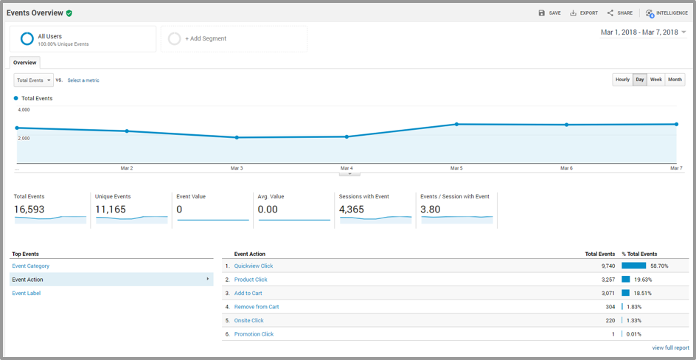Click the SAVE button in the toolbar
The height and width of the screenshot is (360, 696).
click(x=549, y=13)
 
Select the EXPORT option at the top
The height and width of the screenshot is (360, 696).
click(x=584, y=13)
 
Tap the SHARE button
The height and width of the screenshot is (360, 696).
click(x=619, y=13)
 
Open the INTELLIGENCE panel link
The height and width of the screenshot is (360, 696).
click(x=667, y=13)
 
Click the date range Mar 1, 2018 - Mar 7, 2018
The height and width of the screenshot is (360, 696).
click(x=640, y=32)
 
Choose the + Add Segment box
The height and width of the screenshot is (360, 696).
click(x=234, y=38)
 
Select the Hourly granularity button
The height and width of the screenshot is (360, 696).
click(x=622, y=80)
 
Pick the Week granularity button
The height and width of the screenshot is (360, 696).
click(x=656, y=80)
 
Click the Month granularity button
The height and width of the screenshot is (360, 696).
click(x=675, y=80)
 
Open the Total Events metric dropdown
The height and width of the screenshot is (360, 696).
click(x=34, y=80)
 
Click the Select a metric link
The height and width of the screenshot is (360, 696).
click(x=83, y=80)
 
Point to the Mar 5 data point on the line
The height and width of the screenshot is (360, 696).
click(x=456, y=124)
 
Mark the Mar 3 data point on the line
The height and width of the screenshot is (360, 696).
click(x=237, y=138)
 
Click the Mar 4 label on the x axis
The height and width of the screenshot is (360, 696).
click(x=347, y=168)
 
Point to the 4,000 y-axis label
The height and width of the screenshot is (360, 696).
click(x=24, y=109)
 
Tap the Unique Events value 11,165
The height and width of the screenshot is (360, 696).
click(x=111, y=210)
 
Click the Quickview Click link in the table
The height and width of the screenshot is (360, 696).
click(x=254, y=266)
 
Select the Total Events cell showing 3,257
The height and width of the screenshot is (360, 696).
click(x=607, y=280)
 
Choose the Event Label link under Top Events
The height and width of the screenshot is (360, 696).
click(x=27, y=294)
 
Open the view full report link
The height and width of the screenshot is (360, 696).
click(x=671, y=347)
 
